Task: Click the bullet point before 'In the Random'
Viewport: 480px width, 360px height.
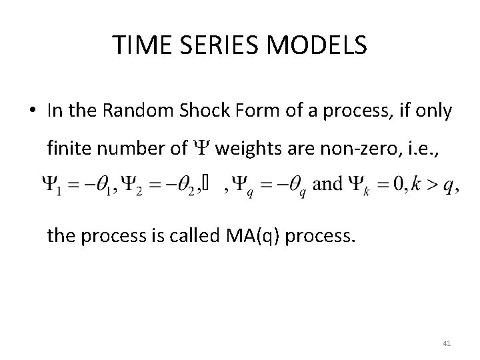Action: pyautogui.click(x=33, y=113)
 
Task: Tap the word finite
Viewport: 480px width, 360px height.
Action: pyautogui.click(x=67, y=148)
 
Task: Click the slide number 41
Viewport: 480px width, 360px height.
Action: pyautogui.click(x=446, y=343)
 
